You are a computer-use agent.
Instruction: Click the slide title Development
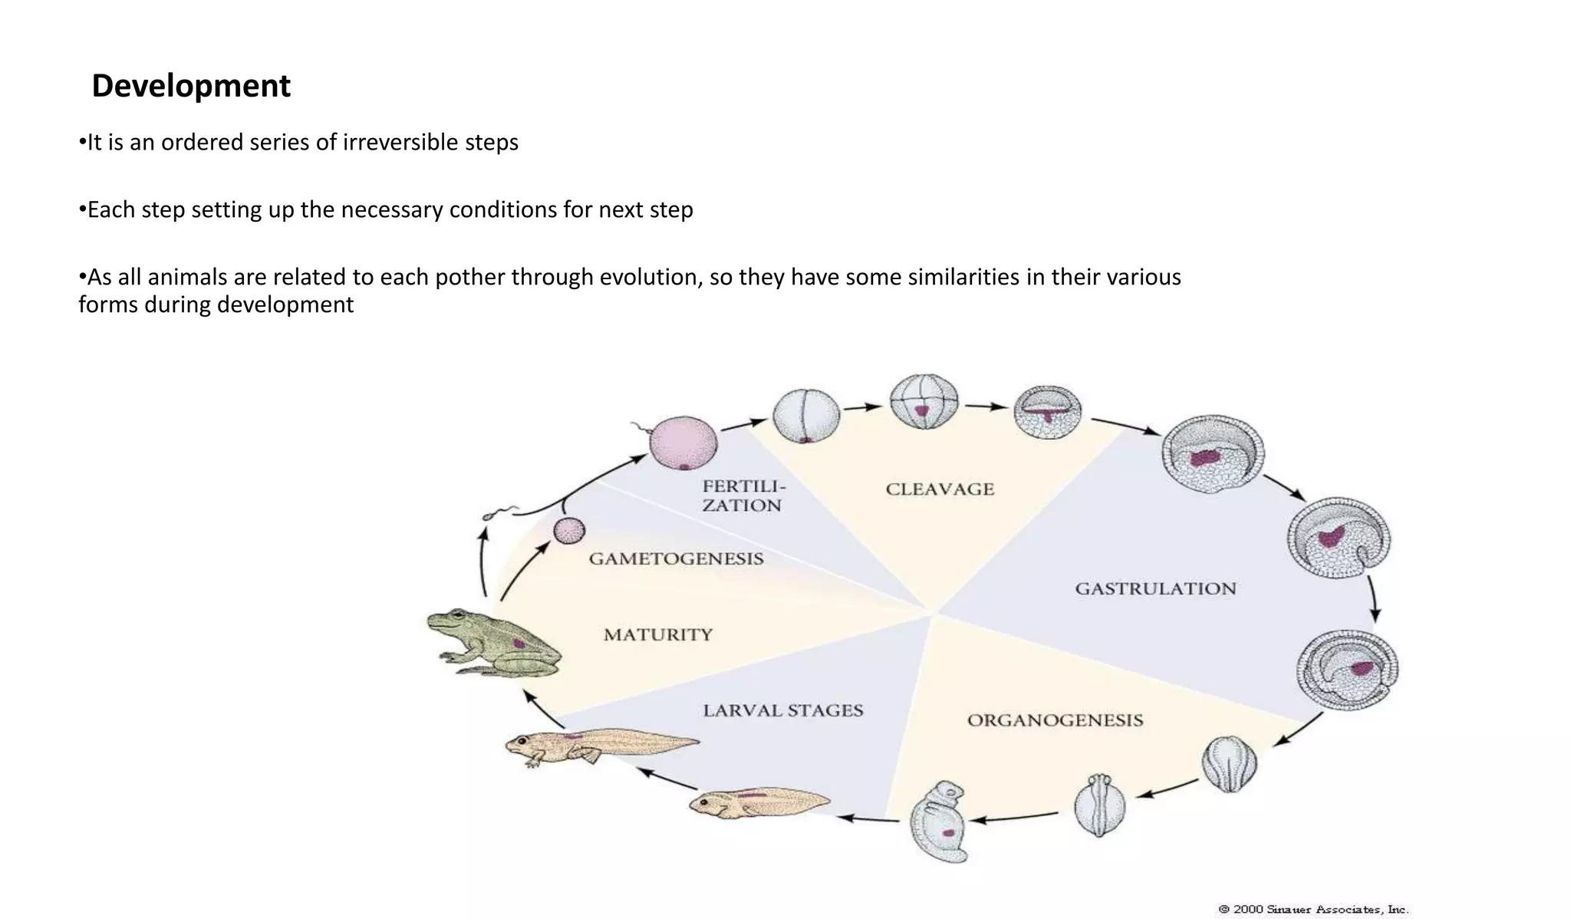[191, 86]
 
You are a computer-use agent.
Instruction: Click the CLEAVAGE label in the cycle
[940, 489]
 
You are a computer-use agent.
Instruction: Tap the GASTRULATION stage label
[1155, 589]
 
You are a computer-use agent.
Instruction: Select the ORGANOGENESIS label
[1055, 720]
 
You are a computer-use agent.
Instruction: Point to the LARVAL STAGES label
[782, 711]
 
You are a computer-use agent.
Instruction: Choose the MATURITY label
[658, 635]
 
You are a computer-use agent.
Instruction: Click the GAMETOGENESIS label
[676, 559]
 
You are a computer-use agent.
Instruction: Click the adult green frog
[494, 643]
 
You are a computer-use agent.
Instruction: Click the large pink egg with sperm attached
[683, 443]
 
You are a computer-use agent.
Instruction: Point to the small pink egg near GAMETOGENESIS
[569, 530]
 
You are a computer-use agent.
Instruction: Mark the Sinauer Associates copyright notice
[1312, 910]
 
